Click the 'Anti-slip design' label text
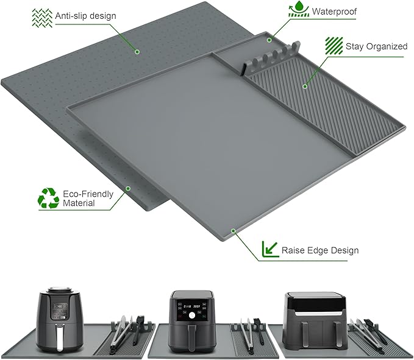[85, 16]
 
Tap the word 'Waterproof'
[334, 12]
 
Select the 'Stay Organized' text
[377, 46]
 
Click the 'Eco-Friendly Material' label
[88, 199]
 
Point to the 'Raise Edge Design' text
[320, 250]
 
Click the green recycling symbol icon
[48, 198]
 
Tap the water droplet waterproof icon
[299, 9]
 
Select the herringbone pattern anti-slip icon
[42, 18]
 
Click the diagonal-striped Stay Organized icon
[334, 46]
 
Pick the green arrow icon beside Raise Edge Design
[270, 249]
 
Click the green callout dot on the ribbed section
[305, 86]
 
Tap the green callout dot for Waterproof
[269, 40]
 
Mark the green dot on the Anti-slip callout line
[137, 52]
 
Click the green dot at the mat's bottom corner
[233, 231]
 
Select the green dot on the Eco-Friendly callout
[128, 189]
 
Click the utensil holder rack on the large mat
[271, 57]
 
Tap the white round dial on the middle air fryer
[192, 315]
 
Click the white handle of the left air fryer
[60, 338]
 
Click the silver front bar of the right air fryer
[315, 314]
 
